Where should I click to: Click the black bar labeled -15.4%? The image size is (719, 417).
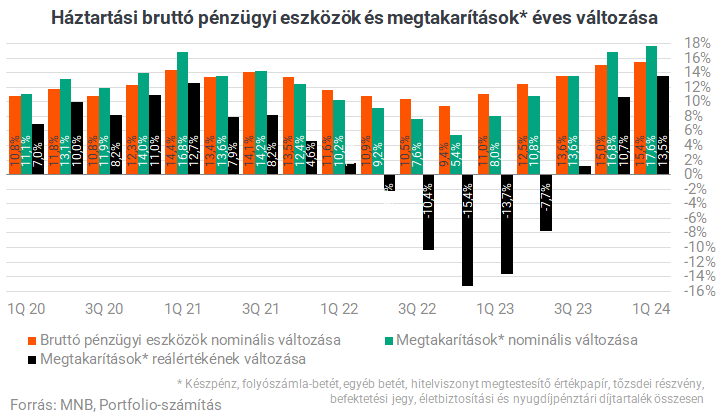click(x=467, y=230)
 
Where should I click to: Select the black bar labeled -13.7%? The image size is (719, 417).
click(x=506, y=224)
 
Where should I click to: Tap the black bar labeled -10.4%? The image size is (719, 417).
click(x=428, y=212)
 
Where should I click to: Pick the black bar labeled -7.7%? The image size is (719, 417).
click(x=545, y=202)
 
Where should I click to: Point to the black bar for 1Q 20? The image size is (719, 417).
click(x=38, y=149)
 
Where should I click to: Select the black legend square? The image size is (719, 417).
click(x=33, y=358)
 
